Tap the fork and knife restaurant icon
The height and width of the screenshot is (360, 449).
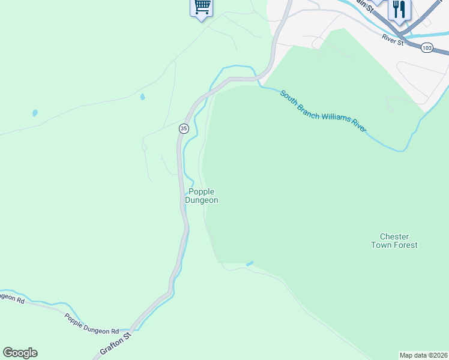(x=399, y=9)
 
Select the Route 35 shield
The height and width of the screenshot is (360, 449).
(x=184, y=128)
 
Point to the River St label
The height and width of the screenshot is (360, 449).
(x=392, y=39)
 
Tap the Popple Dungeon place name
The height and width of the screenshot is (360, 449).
(x=201, y=196)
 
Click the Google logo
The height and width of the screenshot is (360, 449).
(x=20, y=353)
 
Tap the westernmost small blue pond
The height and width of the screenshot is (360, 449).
(x=35, y=113)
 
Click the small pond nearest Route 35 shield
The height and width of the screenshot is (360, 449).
(x=142, y=96)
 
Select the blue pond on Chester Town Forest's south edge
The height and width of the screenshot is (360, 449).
(x=250, y=263)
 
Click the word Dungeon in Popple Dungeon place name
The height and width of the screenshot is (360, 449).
(x=201, y=200)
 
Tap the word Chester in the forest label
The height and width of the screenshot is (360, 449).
(x=394, y=236)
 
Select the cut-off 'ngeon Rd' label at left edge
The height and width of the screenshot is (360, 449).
(x=12, y=298)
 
